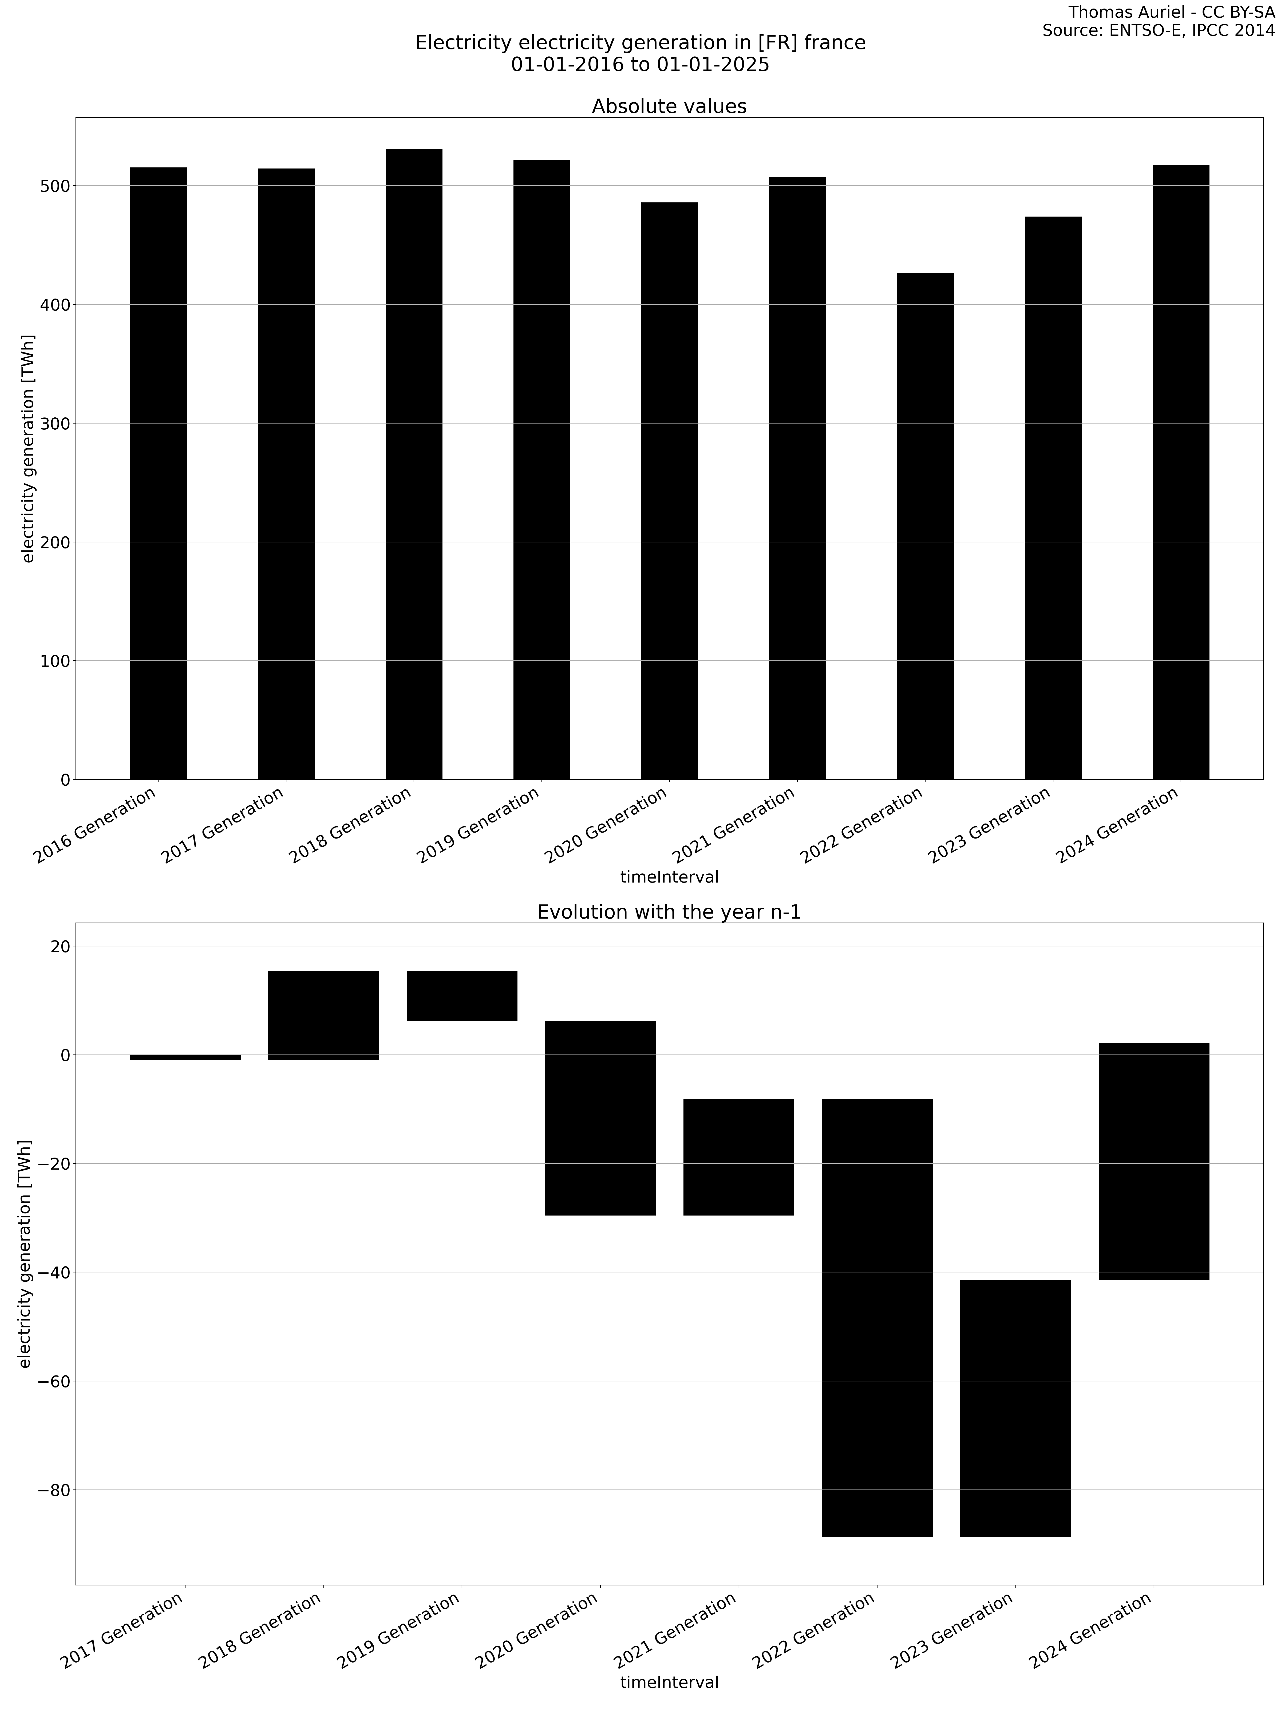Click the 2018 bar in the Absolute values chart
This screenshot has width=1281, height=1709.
point(414,464)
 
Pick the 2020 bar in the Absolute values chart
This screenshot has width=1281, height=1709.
point(669,491)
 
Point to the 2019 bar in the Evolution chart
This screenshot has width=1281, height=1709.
point(462,996)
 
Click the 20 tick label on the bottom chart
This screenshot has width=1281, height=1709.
point(59,946)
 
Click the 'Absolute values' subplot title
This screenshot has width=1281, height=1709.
point(669,107)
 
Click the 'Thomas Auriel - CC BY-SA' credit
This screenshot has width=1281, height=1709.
point(1171,12)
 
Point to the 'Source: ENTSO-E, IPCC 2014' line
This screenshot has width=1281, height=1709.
point(1158,31)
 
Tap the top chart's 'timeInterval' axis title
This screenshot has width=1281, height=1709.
point(669,877)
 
